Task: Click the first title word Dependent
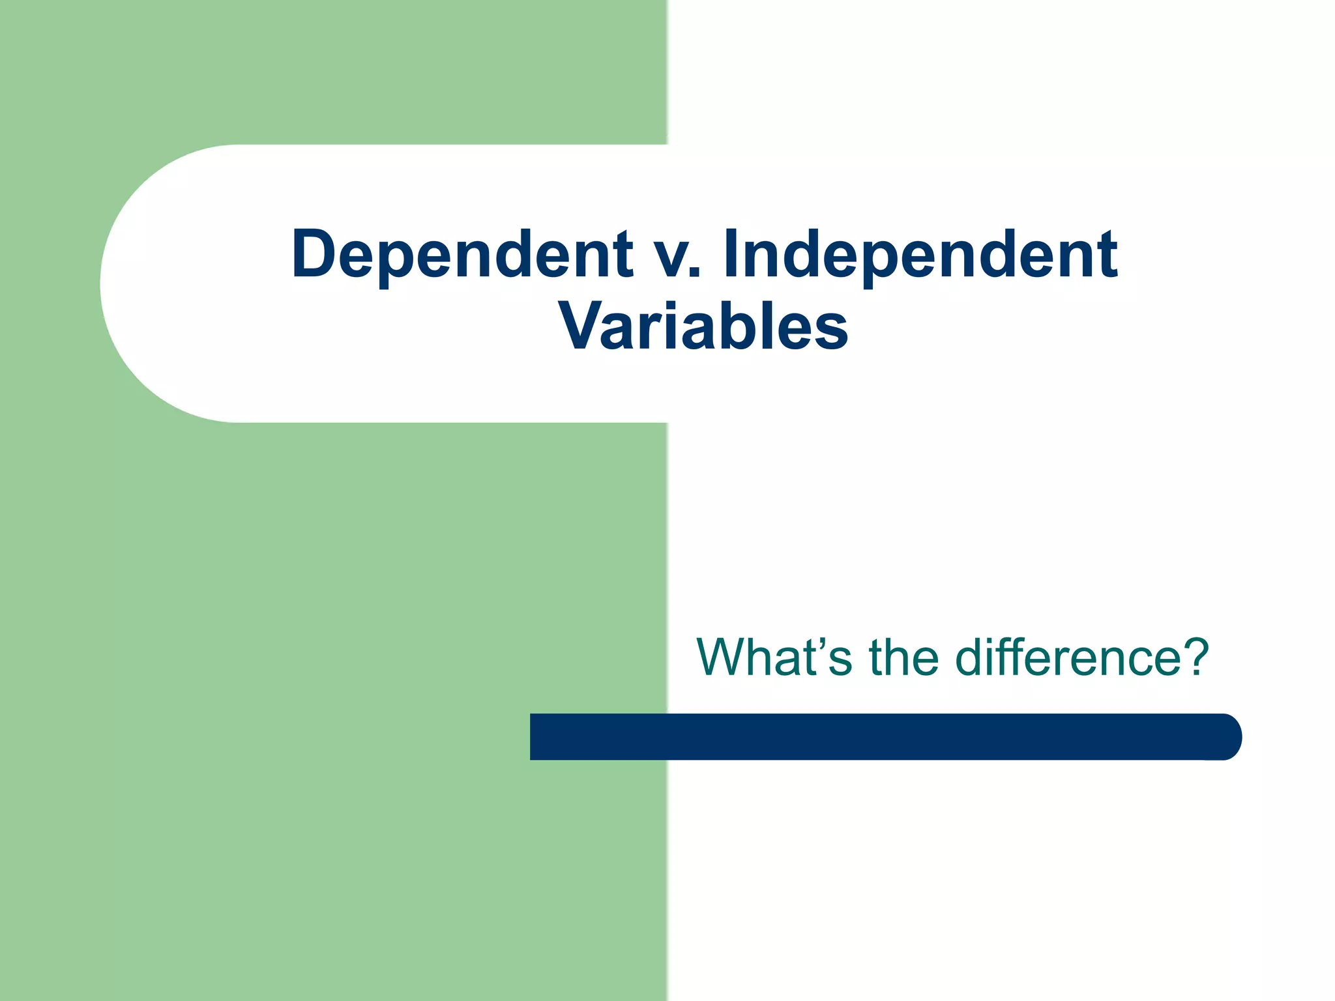click(462, 255)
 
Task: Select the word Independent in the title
click(920, 255)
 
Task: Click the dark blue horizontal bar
click(880, 736)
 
